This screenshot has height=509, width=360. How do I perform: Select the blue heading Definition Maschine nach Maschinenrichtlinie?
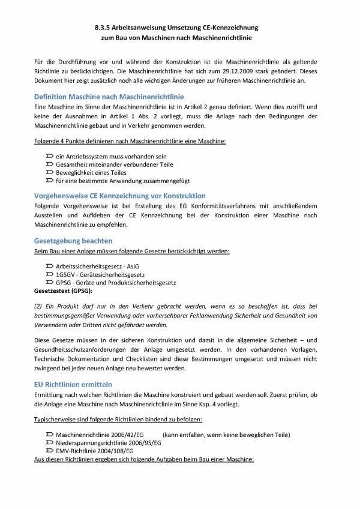pos(109,97)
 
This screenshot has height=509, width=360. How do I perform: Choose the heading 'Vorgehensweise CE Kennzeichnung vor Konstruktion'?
pos(119,196)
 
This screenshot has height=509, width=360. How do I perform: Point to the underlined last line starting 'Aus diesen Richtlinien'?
pos(143,460)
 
